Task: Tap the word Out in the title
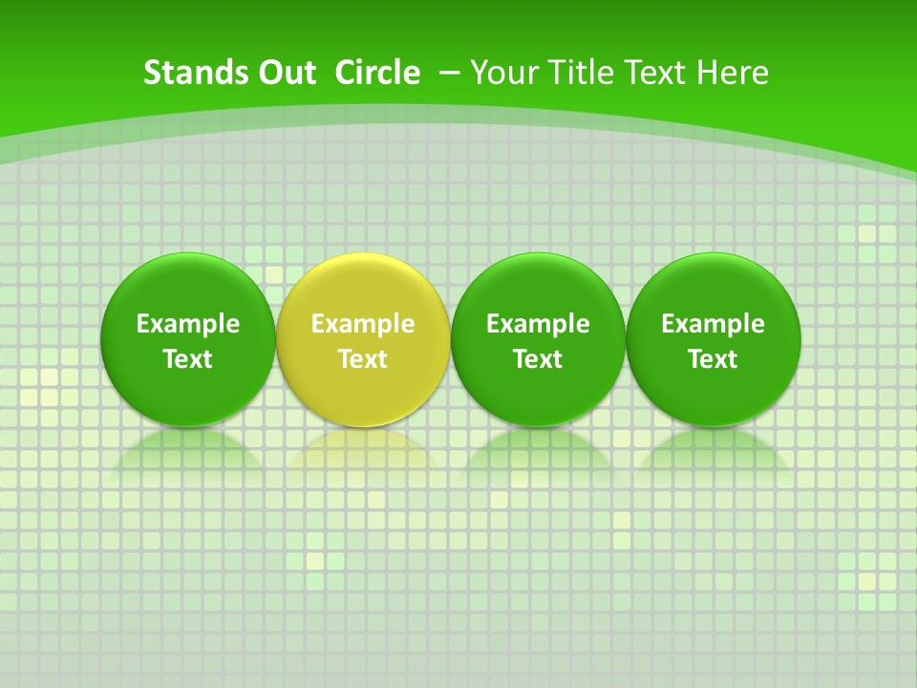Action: (286, 73)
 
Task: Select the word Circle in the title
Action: (377, 73)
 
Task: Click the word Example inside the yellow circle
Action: (363, 324)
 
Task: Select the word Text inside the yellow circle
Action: (363, 359)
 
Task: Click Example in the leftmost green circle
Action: (188, 324)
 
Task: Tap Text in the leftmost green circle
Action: (188, 359)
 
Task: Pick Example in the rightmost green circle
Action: (714, 324)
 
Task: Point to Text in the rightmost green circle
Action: (714, 359)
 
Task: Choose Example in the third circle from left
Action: (538, 324)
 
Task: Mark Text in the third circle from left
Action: (538, 359)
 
